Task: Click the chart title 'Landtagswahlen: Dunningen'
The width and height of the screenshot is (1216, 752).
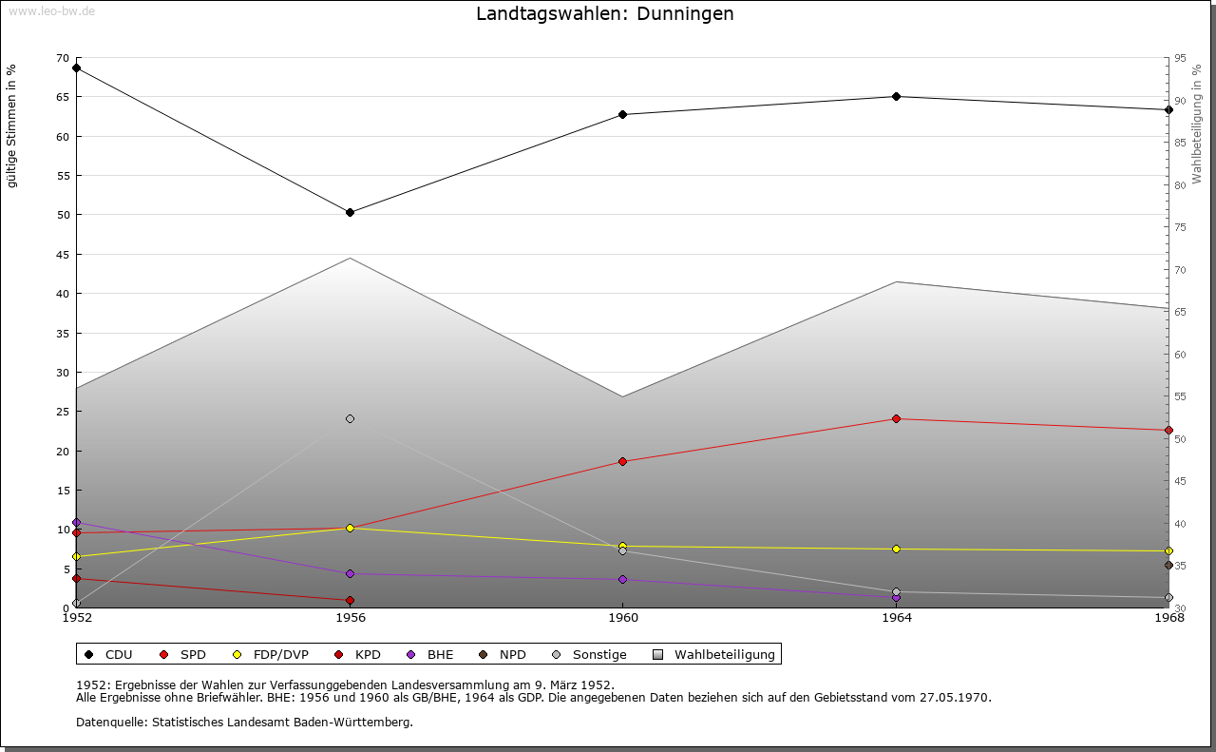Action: [604, 14]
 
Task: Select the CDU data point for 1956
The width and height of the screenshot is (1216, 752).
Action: [350, 212]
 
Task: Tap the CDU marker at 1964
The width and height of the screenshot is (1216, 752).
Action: [896, 96]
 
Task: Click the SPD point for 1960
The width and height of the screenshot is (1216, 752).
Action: [622, 461]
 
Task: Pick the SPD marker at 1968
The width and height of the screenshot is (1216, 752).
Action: [1168, 430]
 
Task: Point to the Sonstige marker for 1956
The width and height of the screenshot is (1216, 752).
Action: [350, 418]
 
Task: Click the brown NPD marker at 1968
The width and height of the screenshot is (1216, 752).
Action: [1168, 565]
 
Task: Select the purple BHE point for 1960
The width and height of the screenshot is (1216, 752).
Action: [622, 579]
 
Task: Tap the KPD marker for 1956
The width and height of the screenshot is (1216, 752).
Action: [350, 600]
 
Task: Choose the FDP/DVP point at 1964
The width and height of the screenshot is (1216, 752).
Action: [896, 549]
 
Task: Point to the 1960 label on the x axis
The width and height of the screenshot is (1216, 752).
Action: [622, 617]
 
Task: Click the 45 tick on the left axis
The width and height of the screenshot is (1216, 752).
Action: [63, 254]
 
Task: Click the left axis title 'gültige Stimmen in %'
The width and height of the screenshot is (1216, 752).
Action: [12, 125]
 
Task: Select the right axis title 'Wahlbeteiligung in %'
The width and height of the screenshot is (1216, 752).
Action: [1197, 124]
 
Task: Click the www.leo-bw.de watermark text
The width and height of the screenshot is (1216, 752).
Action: [51, 11]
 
